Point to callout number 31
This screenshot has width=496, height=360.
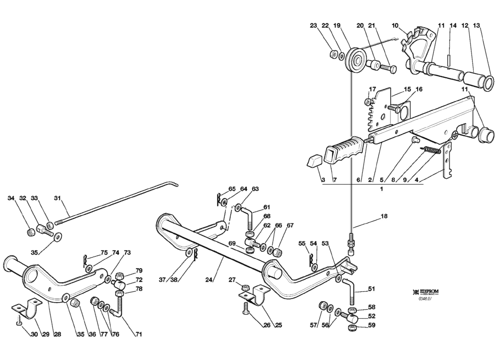tap(57, 198)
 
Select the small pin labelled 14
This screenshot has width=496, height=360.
tap(450, 59)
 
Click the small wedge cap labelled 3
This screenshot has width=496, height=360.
tap(314, 161)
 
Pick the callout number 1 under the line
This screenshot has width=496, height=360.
tap(381, 189)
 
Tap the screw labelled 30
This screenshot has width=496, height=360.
tap(18, 323)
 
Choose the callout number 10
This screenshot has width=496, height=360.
tap(395, 26)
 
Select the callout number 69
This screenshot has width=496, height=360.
tap(233, 244)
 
